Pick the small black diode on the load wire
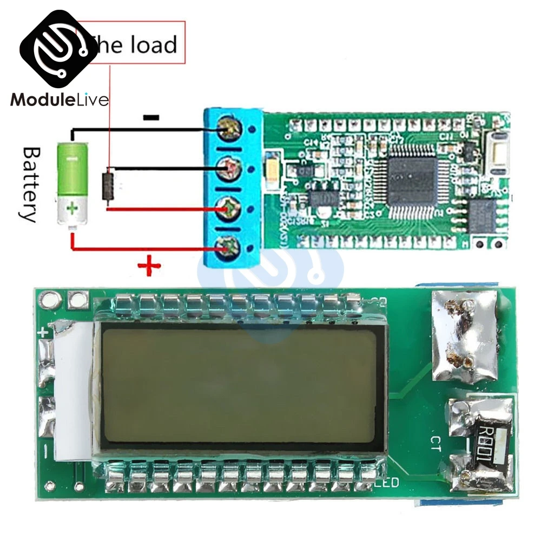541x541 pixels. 109,187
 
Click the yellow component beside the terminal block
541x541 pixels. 272,167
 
